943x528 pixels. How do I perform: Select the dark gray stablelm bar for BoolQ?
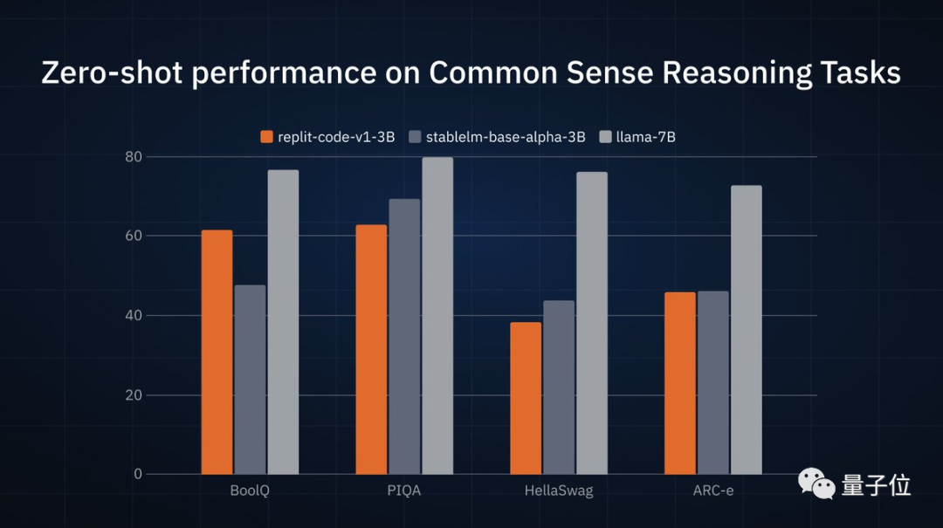[x=250, y=380]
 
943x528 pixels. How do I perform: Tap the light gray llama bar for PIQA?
[x=437, y=316]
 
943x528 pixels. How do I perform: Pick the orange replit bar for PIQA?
[x=371, y=349]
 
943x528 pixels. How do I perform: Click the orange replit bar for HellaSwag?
[x=526, y=398]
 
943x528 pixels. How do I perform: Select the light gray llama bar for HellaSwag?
[x=591, y=323]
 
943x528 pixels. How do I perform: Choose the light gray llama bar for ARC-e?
[x=746, y=330]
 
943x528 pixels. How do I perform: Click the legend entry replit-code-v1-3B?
[x=327, y=136]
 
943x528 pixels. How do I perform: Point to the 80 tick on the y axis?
[x=133, y=157]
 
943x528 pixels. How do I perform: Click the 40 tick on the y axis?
[x=133, y=315]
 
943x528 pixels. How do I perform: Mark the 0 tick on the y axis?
[x=137, y=474]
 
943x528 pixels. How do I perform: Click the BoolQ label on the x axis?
[x=250, y=490]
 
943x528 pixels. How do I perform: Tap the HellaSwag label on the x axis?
[x=559, y=490]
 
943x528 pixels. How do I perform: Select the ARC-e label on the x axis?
[x=712, y=490]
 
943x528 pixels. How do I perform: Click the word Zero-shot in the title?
[x=112, y=72]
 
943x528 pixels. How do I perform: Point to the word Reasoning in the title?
[x=737, y=72]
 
